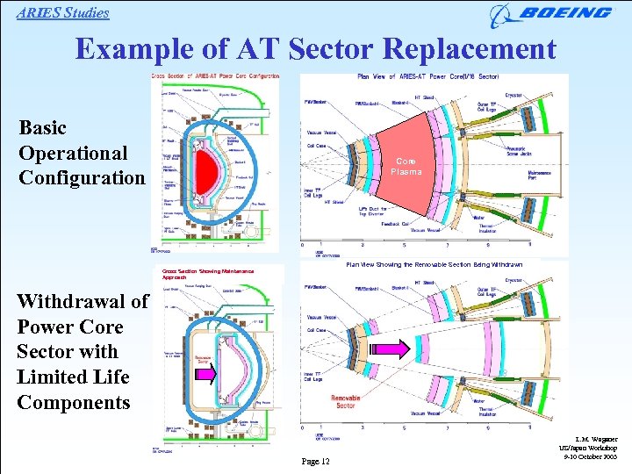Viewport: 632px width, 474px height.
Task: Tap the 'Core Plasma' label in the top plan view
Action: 406,167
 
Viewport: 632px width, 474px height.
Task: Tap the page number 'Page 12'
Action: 314,462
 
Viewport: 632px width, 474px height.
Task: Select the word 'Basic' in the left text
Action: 43,128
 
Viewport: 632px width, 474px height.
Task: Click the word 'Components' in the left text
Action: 73,403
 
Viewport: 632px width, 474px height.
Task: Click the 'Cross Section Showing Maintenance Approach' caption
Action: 202,274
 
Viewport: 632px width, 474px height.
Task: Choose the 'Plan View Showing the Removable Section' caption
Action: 434,264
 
